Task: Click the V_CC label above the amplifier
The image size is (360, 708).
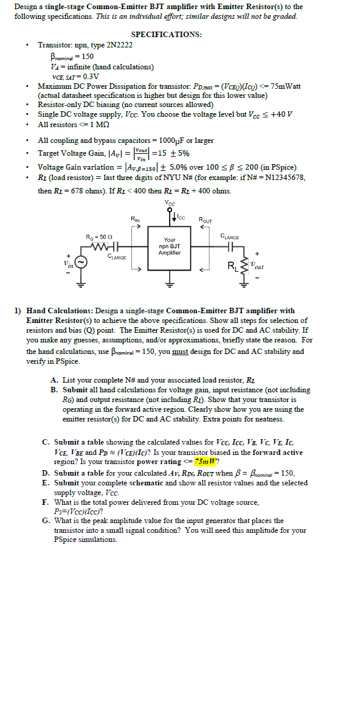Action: click(x=170, y=203)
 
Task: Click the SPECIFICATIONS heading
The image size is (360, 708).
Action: click(x=167, y=35)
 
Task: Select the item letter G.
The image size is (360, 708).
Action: click(x=46, y=521)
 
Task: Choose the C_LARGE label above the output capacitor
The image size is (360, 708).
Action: click(x=230, y=237)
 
